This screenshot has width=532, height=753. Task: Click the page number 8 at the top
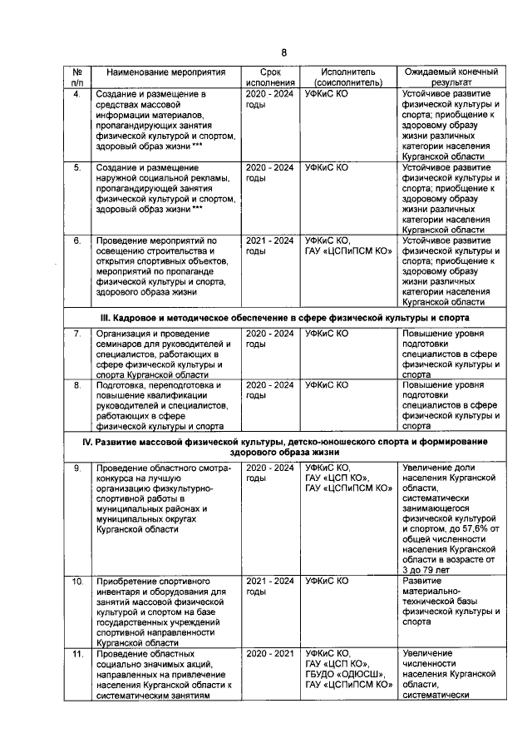(x=283, y=53)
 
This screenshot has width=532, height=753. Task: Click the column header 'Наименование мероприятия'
(x=165, y=72)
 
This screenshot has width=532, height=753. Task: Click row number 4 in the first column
(x=76, y=95)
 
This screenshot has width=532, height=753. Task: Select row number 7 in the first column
(x=76, y=334)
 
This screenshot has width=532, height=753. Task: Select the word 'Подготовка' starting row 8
(x=123, y=385)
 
